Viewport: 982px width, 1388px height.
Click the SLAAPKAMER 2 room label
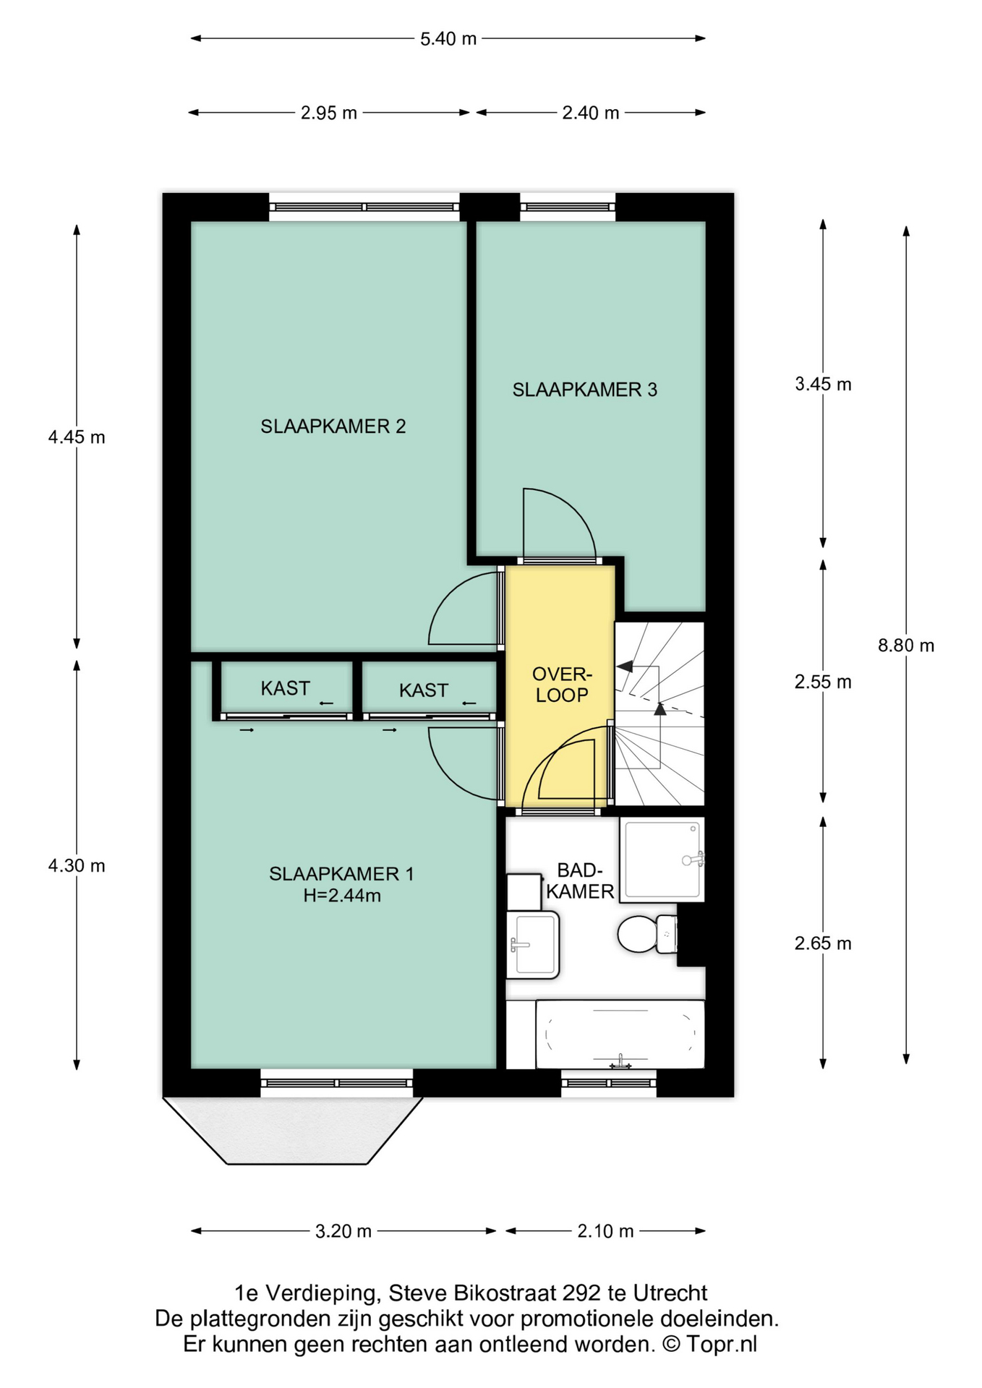coord(333,427)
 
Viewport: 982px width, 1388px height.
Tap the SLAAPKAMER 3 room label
coord(584,390)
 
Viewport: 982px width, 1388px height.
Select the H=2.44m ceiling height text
coord(342,896)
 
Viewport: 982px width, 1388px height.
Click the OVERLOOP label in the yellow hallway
coord(562,685)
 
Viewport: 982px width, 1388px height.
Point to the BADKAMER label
coord(580,881)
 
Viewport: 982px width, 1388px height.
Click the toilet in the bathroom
coord(647,934)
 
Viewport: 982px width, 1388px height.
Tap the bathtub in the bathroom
coord(620,1034)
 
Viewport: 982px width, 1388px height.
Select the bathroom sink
coord(533,945)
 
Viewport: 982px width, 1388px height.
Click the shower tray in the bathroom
coord(662,860)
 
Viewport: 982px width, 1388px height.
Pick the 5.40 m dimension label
coord(448,39)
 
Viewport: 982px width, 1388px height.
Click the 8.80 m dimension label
coord(906,646)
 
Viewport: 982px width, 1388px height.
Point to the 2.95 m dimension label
coord(329,113)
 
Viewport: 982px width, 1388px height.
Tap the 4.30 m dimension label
coord(77,865)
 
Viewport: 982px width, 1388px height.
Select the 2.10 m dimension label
coord(605,1231)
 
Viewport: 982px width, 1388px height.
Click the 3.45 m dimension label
coord(823,385)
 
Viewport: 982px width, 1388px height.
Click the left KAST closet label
coord(286,688)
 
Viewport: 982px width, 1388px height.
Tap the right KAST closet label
coord(424,690)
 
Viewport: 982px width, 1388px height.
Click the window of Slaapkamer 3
coord(568,207)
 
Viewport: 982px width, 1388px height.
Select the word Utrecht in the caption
coord(670,1293)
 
